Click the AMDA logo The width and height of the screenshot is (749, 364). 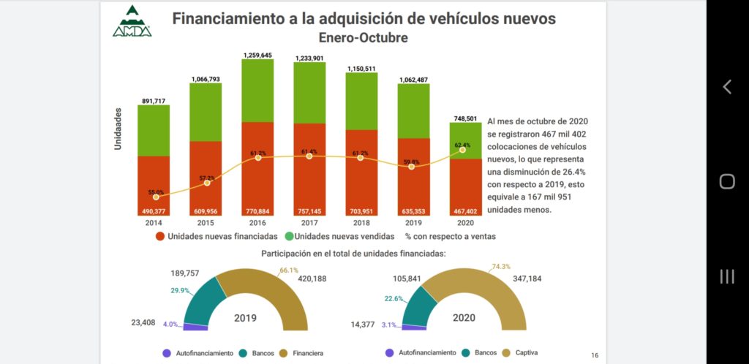point(132,21)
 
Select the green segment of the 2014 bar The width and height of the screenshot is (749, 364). point(154,130)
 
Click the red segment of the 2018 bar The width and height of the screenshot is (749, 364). point(361,172)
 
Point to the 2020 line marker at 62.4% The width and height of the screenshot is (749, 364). point(462,149)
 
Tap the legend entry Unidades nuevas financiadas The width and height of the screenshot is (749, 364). point(217,237)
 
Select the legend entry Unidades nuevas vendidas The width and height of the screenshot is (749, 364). point(339,237)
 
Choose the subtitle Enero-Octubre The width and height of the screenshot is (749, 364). point(364,37)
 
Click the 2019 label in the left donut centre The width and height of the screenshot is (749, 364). point(244,319)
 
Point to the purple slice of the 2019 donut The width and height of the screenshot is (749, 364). point(196,326)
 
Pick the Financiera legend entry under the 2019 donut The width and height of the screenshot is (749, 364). point(302,353)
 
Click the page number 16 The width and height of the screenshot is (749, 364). point(595,354)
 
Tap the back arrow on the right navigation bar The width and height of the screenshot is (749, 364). point(727,87)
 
